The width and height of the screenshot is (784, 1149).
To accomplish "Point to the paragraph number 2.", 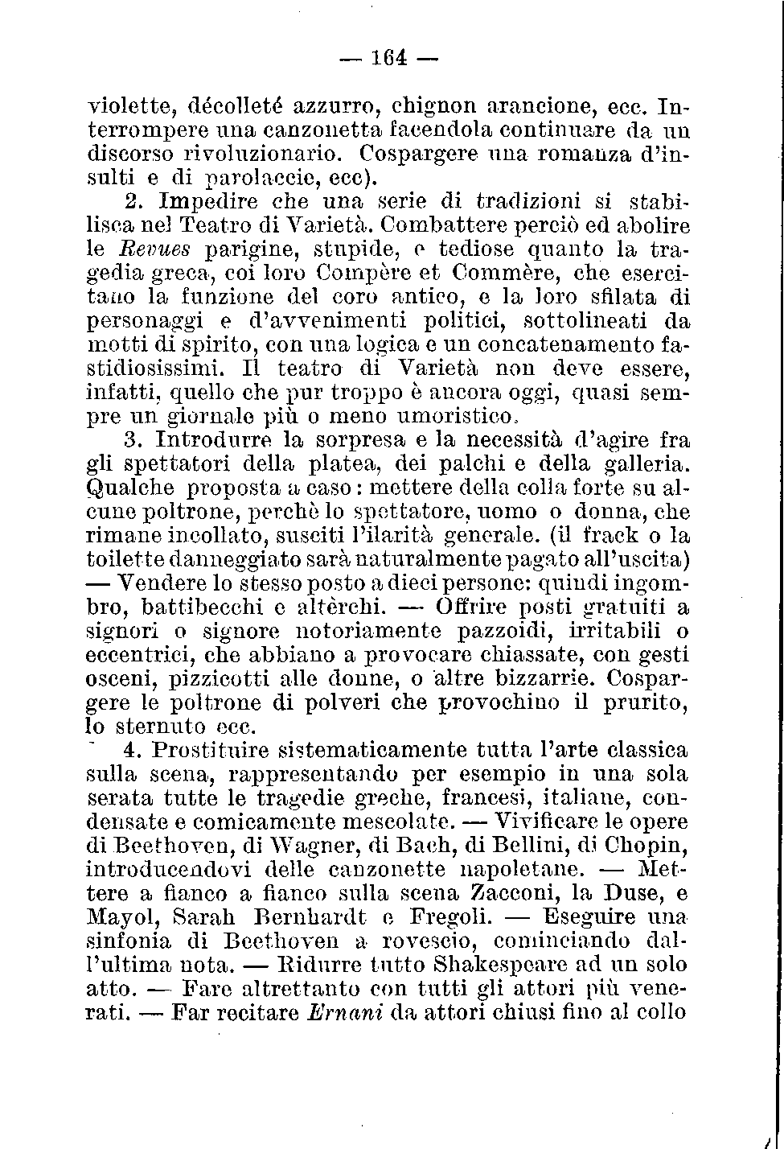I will (133, 200).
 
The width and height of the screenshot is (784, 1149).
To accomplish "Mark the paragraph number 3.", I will (134, 441).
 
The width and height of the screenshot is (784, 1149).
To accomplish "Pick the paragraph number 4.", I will (133, 750).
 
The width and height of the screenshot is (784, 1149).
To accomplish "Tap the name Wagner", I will (281, 846).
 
